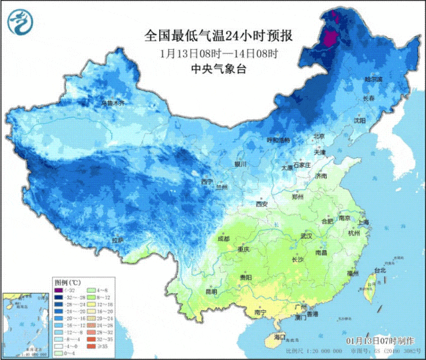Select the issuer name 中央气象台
coord(218,69)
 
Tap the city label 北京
coord(319,136)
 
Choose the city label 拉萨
coord(117,240)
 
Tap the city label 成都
coord(223,238)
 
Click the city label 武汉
coord(306,236)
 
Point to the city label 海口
coord(279,337)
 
